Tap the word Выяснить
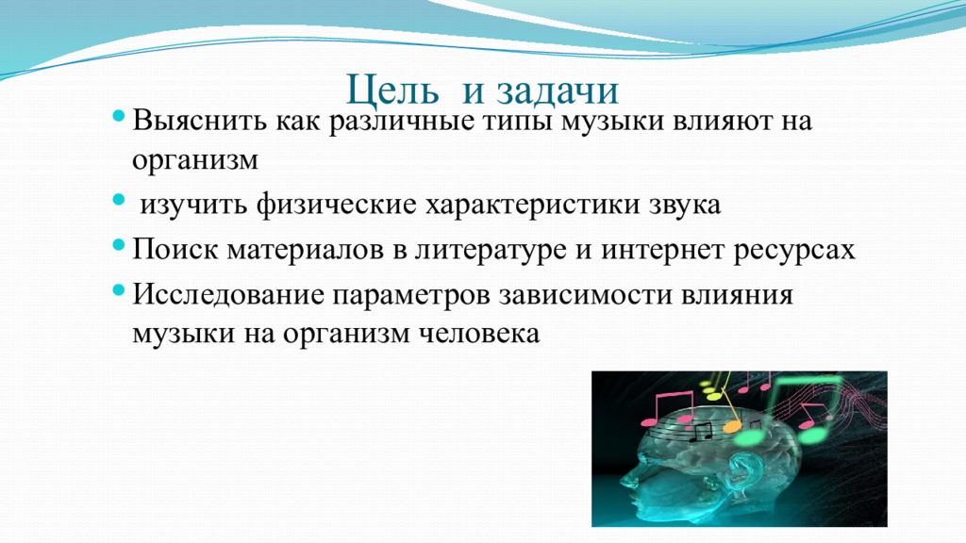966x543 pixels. click(200, 120)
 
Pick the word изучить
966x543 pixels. click(192, 205)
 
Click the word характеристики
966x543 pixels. click(532, 205)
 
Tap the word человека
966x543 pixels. click(478, 334)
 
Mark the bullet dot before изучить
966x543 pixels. click(120, 200)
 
